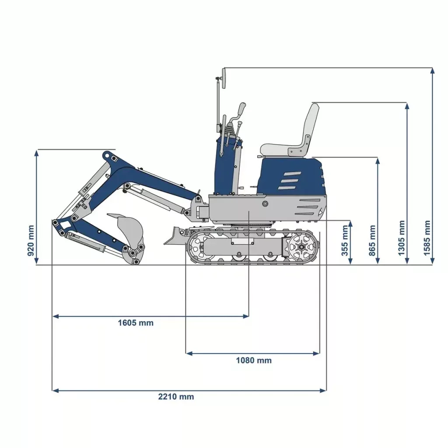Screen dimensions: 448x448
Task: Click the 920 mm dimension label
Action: [31, 241]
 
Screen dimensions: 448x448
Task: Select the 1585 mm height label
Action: [427, 238]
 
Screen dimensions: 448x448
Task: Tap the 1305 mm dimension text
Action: [402, 238]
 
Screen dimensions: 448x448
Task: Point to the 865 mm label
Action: [372, 240]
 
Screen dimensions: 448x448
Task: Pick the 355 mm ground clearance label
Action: [345, 240]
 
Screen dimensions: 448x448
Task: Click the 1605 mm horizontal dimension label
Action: [136, 323]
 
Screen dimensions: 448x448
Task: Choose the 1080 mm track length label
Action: [254, 360]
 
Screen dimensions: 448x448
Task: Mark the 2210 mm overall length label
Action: [176, 396]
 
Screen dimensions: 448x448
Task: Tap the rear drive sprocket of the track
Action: [301, 247]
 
